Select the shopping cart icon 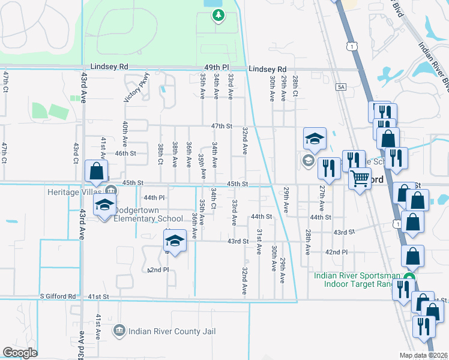(360, 178)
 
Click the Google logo (20, 353)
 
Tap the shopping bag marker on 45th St (96, 172)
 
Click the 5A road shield (342, 87)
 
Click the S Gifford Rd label (58, 296)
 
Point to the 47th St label (222, 126)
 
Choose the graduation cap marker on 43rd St (175, 241)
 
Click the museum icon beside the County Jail (119, 330)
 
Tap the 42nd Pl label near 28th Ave (336, 252)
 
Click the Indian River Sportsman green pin (409, 278)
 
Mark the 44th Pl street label (154, 197)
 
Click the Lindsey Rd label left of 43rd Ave (110, 67)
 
